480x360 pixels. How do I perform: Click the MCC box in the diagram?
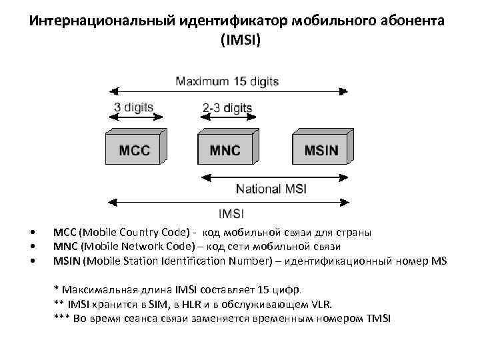point(135,148)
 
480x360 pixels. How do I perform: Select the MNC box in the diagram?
point(225,148)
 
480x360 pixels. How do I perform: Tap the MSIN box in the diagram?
point(321,148)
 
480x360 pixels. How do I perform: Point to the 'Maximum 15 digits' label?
point(227,81)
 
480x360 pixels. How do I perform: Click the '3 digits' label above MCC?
point(133,107)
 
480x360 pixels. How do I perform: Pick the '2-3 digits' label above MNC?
point(227,107)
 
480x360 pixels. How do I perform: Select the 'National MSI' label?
point(271,189)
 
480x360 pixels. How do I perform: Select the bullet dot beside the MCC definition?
point(33,233)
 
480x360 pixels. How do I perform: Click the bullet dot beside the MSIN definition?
point(33,261)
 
